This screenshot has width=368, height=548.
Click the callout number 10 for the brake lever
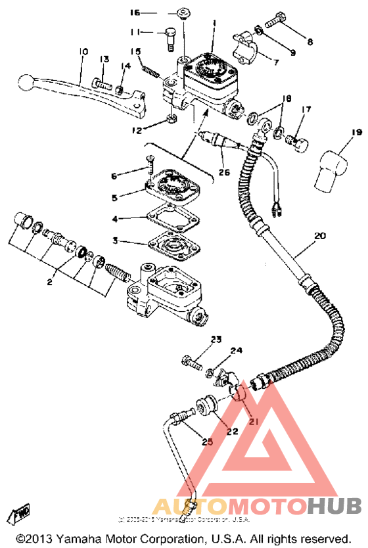tap(82, 51)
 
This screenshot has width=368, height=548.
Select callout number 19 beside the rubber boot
tap(338, 132)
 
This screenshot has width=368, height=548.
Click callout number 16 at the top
tap(135, 12)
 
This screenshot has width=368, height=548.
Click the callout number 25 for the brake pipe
tap(208, 442)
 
